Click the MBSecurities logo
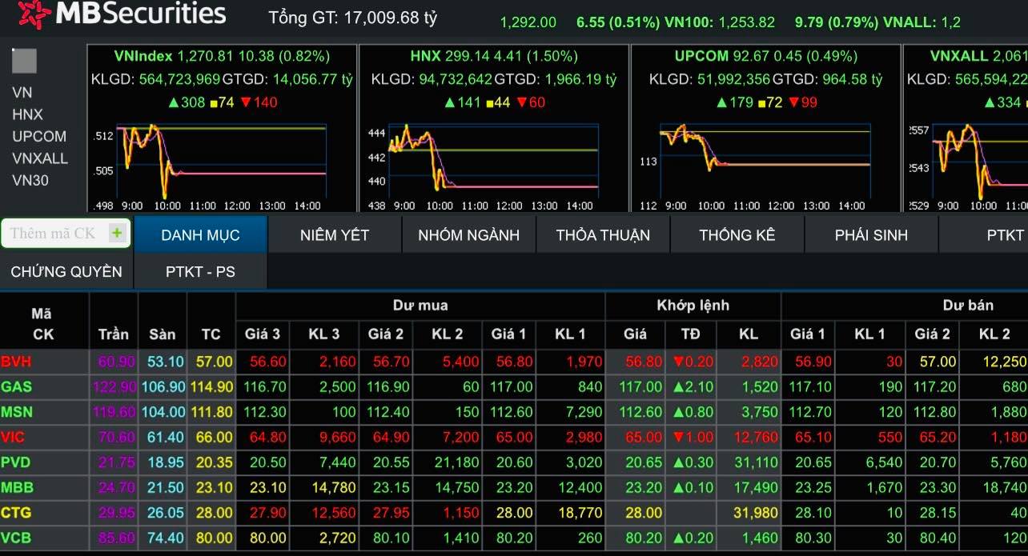(x=120, y=14)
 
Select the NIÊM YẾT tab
(x=334, y=234)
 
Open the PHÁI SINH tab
(x=871, y=234)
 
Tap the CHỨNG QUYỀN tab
(x=66, y=271)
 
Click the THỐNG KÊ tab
(x=737, y=234)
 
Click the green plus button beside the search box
(x=117, y=233)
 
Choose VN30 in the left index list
(x=30, y=180)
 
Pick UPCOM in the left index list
(x=39, y=136)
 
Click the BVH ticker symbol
(x=16, y=362)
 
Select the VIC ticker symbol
(x=13, y=437)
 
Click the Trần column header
(x=113, y=334)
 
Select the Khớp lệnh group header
(x=693, y=305)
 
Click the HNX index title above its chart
(x=425, y=56)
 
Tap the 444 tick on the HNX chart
(x=376, y=134)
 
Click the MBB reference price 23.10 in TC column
(x=212, y=486)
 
